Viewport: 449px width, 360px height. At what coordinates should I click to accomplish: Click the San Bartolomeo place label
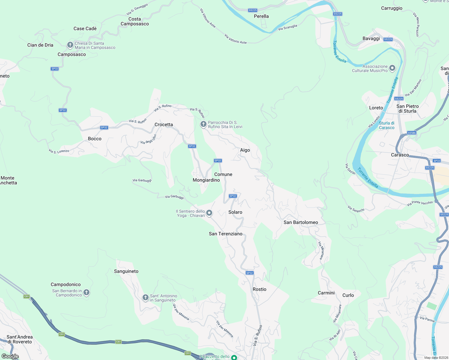click(x=301, y=222)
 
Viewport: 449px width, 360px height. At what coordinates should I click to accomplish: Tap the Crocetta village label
click(x=164, y=124)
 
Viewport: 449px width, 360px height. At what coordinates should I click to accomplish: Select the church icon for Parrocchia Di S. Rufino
click(x=203, y=124)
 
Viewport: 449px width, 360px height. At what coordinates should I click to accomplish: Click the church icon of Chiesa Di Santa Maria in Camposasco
click(x=70, y=45)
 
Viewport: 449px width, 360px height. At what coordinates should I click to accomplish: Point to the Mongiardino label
click(x=206, y=180)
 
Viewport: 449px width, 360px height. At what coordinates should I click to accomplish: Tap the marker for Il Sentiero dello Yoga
click(x=209, y=213)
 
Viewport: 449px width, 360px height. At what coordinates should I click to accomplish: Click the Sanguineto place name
click(x=126, y=271)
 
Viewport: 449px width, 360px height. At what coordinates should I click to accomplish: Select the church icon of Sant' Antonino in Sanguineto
click(x=145, y=297)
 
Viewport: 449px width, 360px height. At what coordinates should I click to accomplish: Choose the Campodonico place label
click(x=66, y=284)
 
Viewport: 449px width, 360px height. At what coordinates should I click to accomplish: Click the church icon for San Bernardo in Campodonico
click(x=86, y=292)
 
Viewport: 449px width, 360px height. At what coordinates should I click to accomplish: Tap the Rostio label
click(x=259, y=289)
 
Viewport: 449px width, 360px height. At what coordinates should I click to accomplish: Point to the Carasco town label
click(x=400, y=155)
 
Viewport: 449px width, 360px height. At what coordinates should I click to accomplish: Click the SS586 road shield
click(x=412, y=133)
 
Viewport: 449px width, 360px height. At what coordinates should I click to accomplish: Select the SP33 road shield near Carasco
click(x=437, y=161)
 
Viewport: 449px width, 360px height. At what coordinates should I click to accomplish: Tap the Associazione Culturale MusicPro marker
click(x=392, y=68)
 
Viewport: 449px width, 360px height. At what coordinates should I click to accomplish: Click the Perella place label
click(x=261, y=16)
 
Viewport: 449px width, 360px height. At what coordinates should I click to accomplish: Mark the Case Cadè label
click(x=85, y=28)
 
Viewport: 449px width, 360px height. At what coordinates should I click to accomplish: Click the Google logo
click(x=10, y=356)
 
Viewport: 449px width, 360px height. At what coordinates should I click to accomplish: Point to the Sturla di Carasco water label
click(x=387, y=125)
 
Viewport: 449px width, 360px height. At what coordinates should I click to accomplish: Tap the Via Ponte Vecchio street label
click(x=420, y=203)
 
